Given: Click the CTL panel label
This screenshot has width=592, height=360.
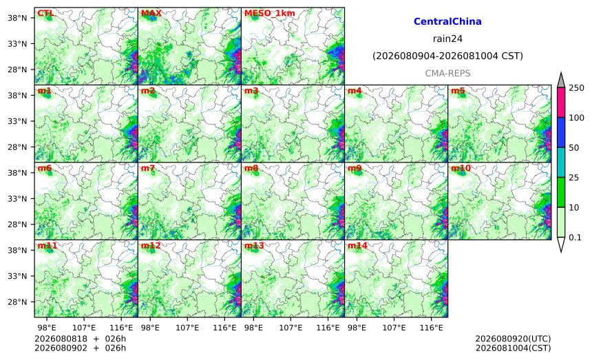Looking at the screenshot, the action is pos(45,13).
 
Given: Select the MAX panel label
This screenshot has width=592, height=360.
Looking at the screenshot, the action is pos(151,13).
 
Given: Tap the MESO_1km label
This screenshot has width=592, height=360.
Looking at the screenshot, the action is pos(270,13).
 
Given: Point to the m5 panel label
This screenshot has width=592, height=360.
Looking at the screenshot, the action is pos(458,91).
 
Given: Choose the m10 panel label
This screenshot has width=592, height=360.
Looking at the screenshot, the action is pos(461,168).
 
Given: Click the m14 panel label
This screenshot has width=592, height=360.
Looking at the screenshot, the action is pos(357,246).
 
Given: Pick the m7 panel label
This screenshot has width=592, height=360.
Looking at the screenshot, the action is pos(148,168).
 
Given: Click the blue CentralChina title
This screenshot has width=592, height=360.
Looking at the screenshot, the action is pos(447,21).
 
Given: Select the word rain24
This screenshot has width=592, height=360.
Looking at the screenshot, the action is pos(447,39).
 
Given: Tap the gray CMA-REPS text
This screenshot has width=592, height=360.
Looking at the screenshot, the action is pos(447,73).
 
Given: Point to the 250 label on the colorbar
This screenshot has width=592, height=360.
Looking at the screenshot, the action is pos(577,88).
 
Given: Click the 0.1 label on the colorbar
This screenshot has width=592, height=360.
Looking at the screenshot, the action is pos(575,237).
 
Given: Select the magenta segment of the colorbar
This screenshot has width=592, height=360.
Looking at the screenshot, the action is pos(561,103).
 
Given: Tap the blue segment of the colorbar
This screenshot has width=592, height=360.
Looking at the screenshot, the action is pos(561,132).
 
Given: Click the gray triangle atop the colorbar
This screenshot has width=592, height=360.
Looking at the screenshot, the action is pos(561,81).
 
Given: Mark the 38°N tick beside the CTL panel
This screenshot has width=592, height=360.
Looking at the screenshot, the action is pos(17,18).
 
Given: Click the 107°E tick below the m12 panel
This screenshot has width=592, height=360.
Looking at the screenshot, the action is pos(187,328).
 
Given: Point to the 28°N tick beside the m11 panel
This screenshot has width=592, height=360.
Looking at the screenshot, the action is pos(17,302).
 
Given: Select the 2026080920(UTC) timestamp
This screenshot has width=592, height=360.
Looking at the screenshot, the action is pos(513,339).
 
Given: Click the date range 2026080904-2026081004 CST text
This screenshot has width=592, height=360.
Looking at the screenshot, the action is pos(447,56).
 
